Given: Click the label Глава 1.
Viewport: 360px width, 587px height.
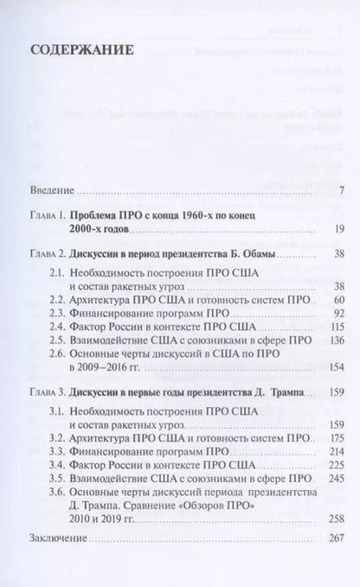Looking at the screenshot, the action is point(49,236).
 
